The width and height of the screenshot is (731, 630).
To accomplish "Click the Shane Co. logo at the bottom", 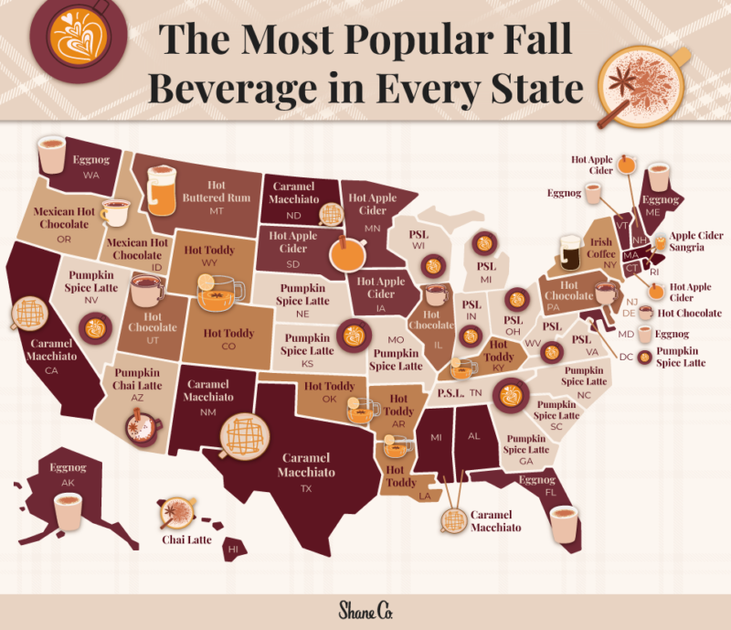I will pyautogui.click(x=365, y=610).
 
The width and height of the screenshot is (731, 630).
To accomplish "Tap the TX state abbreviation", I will pyautogui.click(x=307, y=489).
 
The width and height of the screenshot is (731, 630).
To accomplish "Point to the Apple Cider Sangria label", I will pyautogui.click(x=698, y=241).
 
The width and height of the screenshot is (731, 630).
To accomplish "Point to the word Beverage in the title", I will pyautogui.click(x=234, y=91).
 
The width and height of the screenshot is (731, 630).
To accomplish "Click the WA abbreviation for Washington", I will pyautogui.click(x=92, y=173).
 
